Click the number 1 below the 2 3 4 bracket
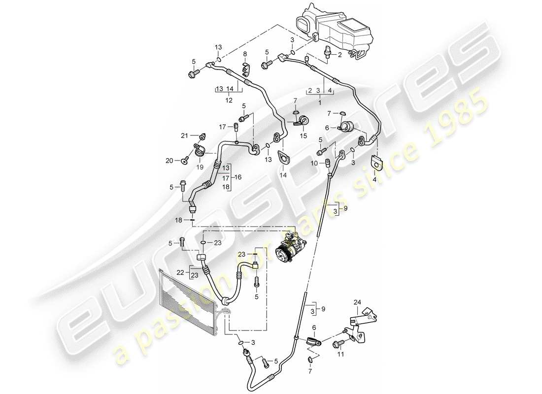[x=321, y=104]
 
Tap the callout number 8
[x=244, y=54]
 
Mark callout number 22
[x=181, y=271]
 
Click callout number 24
[x=358, y=301]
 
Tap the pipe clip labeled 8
[x=244, y=72]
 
